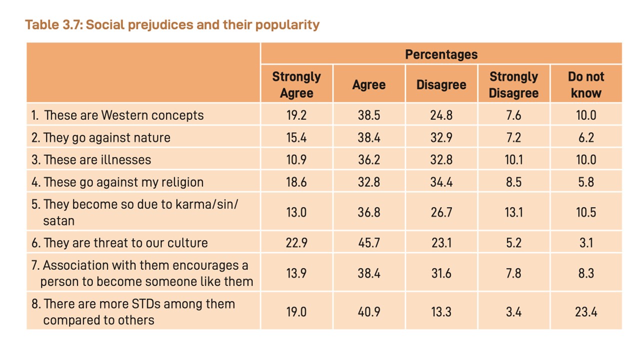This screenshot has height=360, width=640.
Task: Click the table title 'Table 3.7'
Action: coord(53,24)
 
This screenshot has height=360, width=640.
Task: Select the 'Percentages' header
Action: coord(441,54)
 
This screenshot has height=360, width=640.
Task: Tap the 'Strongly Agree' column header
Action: coord(296,85)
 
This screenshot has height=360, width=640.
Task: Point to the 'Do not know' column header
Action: coord(586,85)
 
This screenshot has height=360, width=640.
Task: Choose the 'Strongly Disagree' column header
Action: coord(513,85)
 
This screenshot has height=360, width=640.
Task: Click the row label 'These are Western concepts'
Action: coord(124,115)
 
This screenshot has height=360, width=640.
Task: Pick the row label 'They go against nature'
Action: coord(107,137)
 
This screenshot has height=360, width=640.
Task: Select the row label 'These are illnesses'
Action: coord(97,159)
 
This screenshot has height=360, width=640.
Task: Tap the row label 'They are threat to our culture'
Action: coord(125,243)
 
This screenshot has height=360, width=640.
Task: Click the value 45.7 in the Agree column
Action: coord(369,243)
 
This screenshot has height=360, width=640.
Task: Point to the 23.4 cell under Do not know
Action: coord(586,311)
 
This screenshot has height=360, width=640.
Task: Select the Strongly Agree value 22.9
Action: coord(296,243)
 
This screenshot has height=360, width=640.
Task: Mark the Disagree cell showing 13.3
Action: coord(441,311)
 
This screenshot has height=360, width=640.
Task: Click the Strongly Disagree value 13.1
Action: coord(513,212)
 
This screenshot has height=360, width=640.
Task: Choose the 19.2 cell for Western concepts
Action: coord(296,115)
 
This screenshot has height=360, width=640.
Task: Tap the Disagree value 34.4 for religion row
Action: coord(441,182)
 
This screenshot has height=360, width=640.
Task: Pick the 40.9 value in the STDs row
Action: coord(369,311)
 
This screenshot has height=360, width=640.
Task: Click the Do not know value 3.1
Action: coord(586,243)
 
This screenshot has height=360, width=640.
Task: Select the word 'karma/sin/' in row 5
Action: coord(206,204)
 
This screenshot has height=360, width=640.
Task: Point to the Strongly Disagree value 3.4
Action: coord(513,311)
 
